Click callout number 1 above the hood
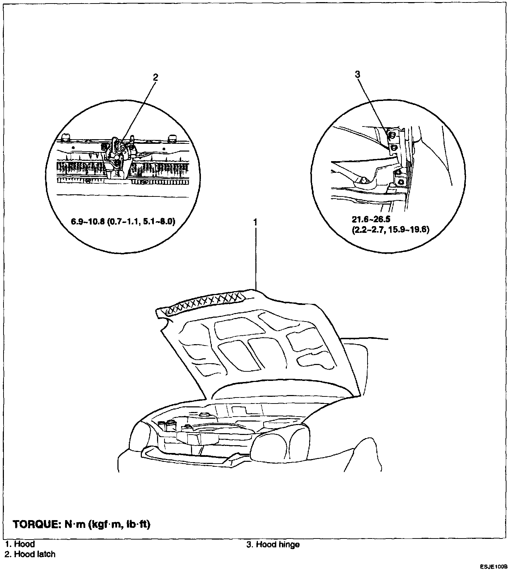[255, 222]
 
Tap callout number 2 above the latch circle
[155, 77]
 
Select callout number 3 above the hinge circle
[357, 74]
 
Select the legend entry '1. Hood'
[20, 544]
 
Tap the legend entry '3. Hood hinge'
[273, 544]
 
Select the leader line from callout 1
[255, 258]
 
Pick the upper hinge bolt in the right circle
[392, 135]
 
